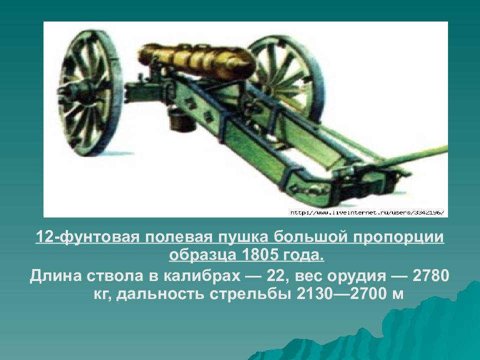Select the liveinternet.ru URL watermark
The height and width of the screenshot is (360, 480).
coord(366,212)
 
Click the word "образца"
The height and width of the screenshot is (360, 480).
coord(202,255)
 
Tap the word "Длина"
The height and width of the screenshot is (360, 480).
coord(55,276)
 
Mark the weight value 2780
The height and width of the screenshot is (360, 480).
coord(430,276)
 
